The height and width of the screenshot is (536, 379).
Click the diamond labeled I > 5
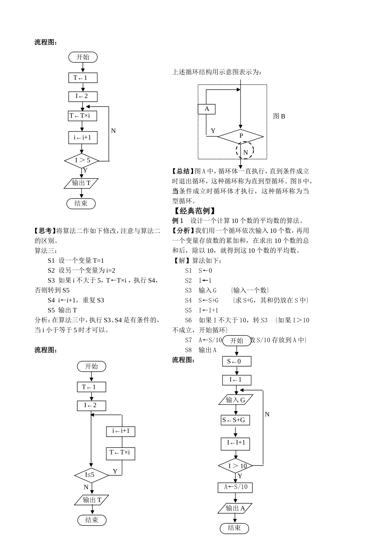coord(83,161)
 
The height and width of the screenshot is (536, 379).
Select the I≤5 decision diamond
coord(91,475)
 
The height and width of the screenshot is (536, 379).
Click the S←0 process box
coord(237,361)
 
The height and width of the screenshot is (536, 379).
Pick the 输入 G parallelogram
coord(236,400)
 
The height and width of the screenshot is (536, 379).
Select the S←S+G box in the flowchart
coord(235,420)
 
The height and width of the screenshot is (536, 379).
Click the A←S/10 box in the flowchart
coord(235,487)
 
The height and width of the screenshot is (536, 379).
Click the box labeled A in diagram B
coord(207,109)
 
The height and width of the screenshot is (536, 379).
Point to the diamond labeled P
coord(241,136)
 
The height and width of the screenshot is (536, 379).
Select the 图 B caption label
coord(279,116)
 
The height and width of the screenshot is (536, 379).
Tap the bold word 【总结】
coord(183,171)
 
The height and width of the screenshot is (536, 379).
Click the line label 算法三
coord(45,250)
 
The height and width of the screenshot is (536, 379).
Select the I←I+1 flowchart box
coord(236,443)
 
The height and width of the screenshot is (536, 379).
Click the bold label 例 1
coord(178,221)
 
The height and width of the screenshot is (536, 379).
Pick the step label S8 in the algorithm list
coord(188,350)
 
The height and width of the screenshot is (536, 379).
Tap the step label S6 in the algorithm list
coord(188,320)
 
